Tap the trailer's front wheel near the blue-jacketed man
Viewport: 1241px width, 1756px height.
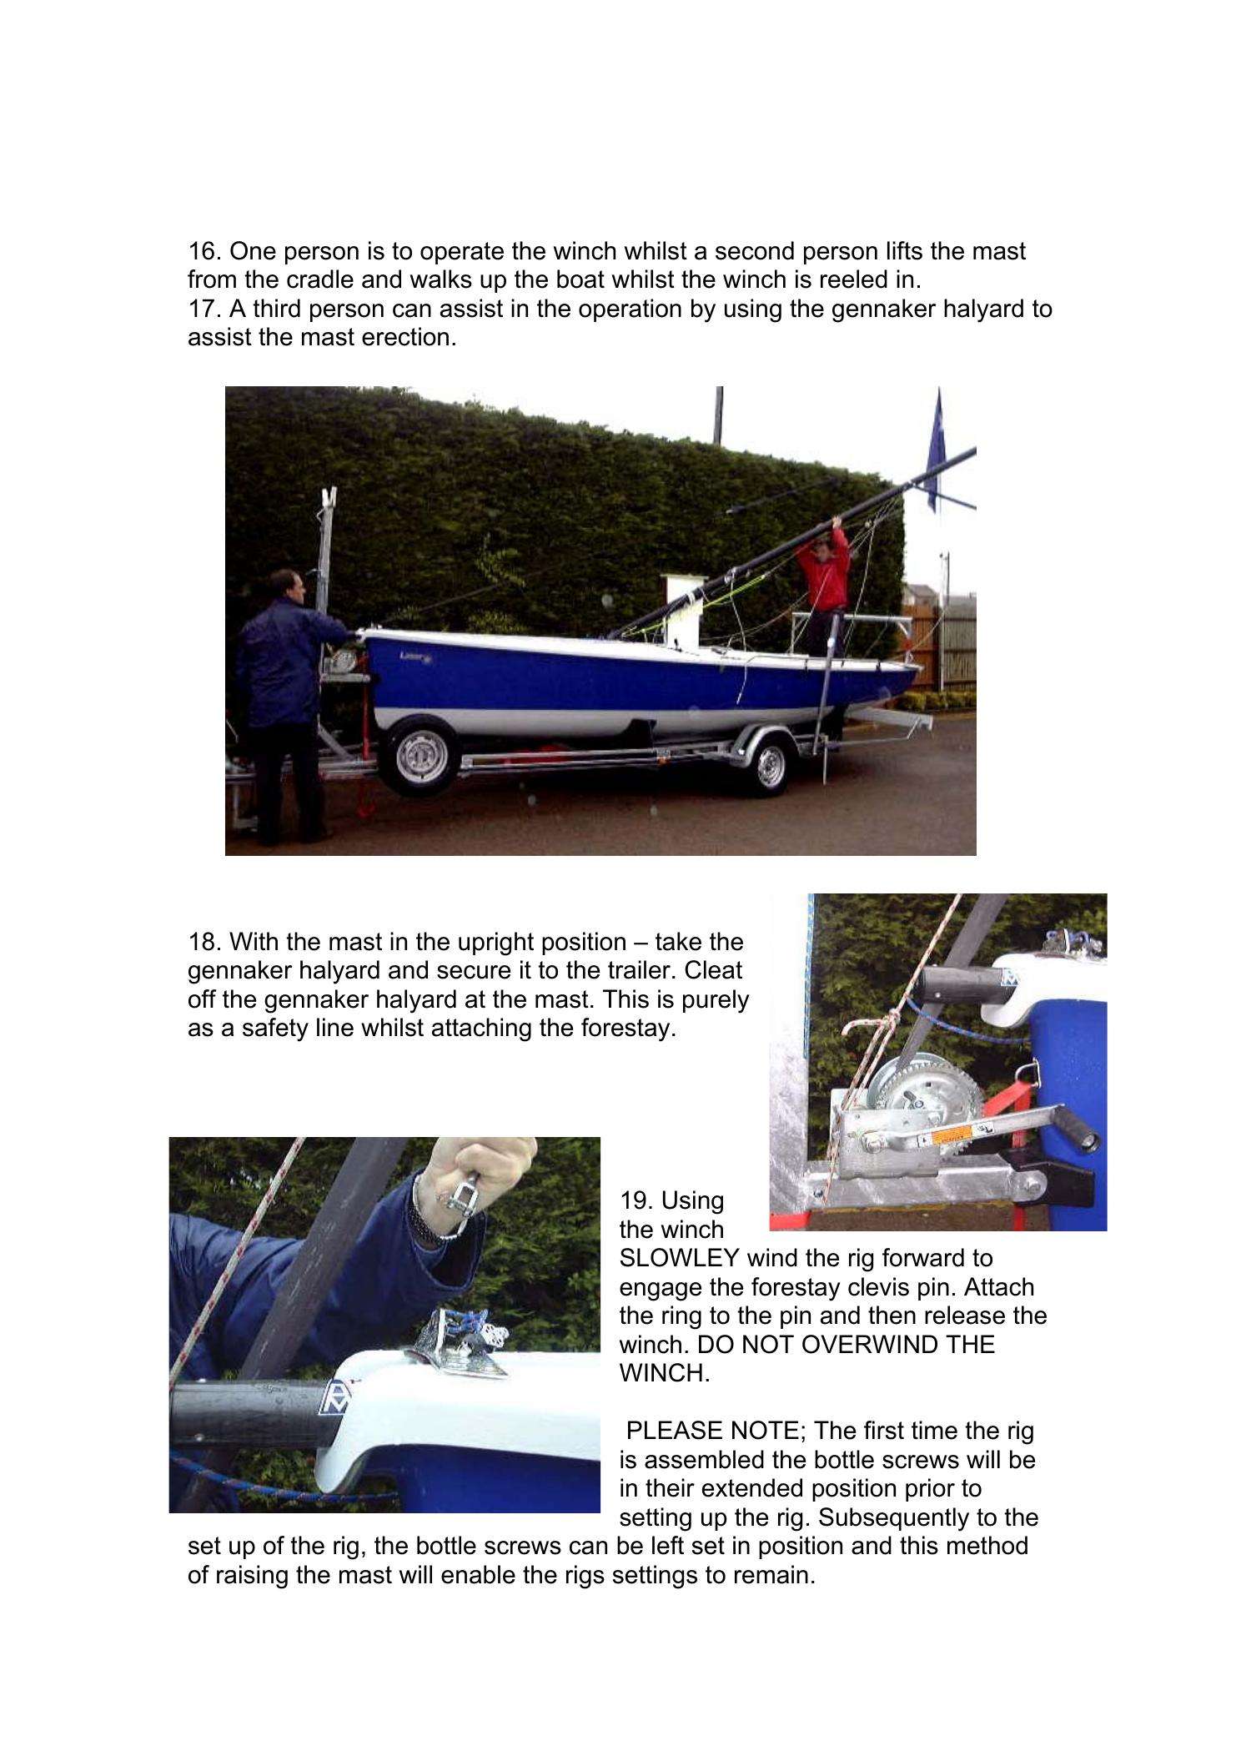(x=424, y=757)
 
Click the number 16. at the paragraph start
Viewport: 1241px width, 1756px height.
(x=204, y=251)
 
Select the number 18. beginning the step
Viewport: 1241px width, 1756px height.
(x=204, y=942)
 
